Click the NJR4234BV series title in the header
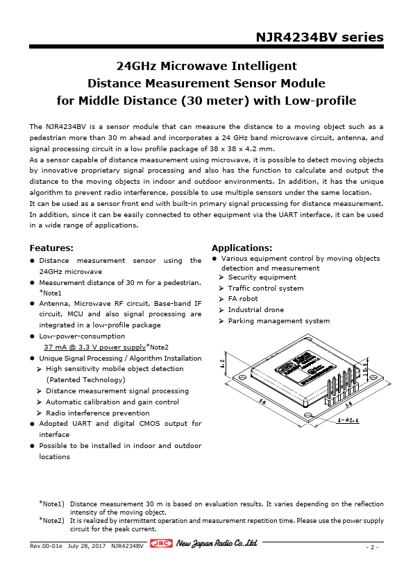click(319, 37)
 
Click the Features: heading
click(51, 248)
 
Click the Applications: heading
click(242, 248)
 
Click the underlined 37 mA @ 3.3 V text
click(94, 347)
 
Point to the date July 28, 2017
click(87, 546)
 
